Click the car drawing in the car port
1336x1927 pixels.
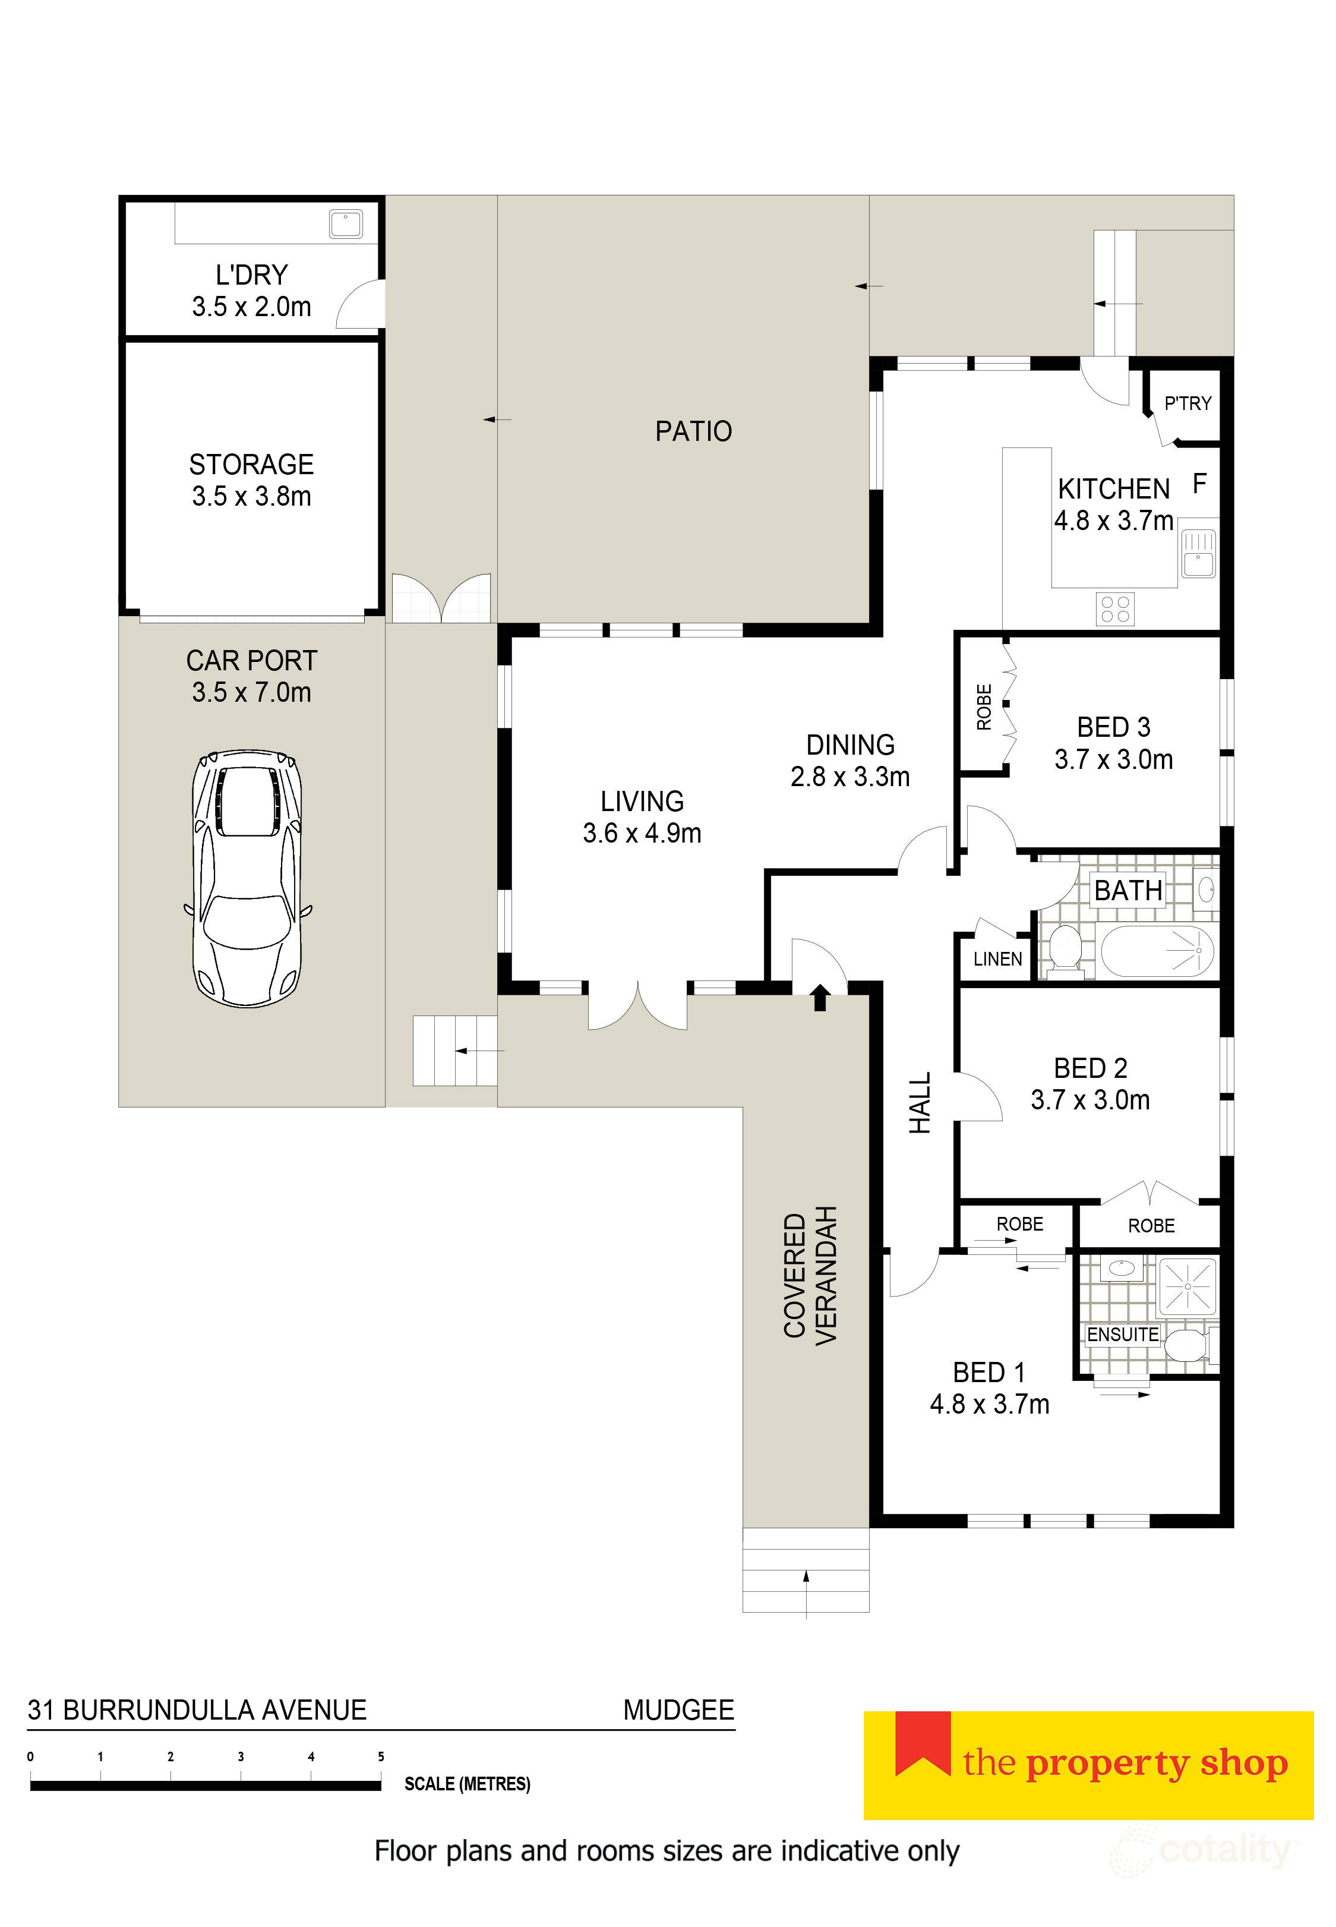tap(248, 878)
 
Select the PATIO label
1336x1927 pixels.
tap(693, 431)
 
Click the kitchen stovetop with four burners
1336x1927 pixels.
tap(1115, 608)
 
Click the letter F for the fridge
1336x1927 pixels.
tap(1199, 483)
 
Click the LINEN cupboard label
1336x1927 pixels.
tap(997, 959)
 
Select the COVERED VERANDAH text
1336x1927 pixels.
tap(810, 1276)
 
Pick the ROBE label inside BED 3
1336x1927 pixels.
tap(984, 707)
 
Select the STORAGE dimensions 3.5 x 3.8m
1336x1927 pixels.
tap(251, 496)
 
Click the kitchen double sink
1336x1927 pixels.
tap(1198, 553)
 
